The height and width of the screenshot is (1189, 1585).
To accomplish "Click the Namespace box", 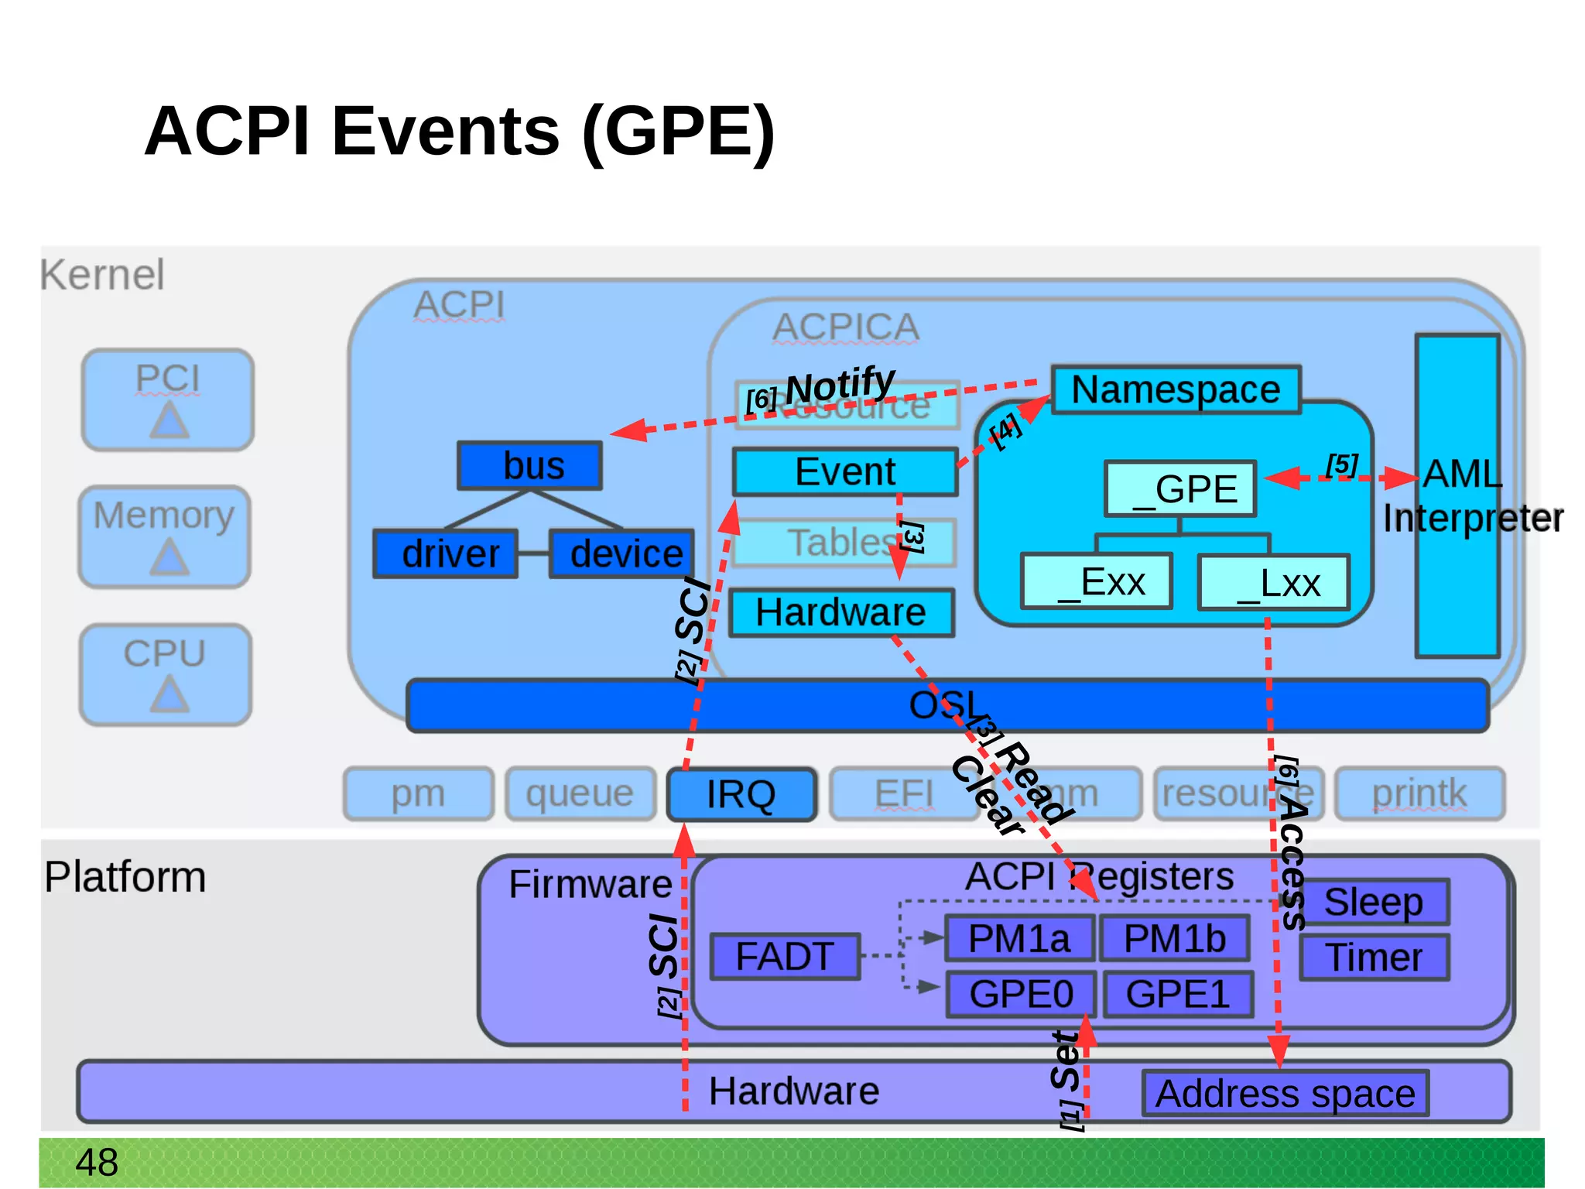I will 1175,389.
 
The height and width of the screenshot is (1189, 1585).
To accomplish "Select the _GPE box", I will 1180,489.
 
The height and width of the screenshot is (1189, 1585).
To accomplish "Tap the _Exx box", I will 1097,581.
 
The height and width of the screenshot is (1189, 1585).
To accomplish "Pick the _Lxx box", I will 1273,582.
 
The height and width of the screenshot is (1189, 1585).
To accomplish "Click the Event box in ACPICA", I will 844,471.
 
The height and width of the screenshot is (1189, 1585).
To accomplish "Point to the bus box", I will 530,465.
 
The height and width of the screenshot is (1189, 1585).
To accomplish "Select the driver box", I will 446,553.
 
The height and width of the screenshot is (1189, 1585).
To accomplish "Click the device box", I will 622,553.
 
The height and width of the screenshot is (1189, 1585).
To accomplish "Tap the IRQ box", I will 741,794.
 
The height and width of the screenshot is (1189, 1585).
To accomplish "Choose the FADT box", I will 785,957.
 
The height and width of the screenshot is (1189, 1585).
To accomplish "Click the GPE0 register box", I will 1021,994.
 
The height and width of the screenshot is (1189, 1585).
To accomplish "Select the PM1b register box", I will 1174,938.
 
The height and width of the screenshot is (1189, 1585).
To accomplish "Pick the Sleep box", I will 1374,902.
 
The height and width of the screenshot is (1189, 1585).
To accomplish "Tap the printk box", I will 1419,793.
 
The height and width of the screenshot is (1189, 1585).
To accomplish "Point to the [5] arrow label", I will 1341,465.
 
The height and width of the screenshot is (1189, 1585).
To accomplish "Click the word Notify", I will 840,385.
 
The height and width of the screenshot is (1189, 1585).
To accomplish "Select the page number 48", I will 97,1162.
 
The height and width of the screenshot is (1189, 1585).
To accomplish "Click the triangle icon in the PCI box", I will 169,422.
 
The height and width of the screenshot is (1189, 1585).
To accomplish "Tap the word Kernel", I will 102,275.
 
